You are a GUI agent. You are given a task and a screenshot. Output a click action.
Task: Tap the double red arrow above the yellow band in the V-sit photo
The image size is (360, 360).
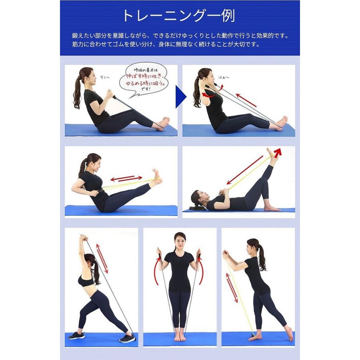tap(126, 178)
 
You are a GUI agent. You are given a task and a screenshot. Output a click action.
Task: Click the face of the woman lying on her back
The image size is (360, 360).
tap(200, 198)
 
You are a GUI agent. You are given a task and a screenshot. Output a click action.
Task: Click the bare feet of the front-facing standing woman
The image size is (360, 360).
tap(180, 338)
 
